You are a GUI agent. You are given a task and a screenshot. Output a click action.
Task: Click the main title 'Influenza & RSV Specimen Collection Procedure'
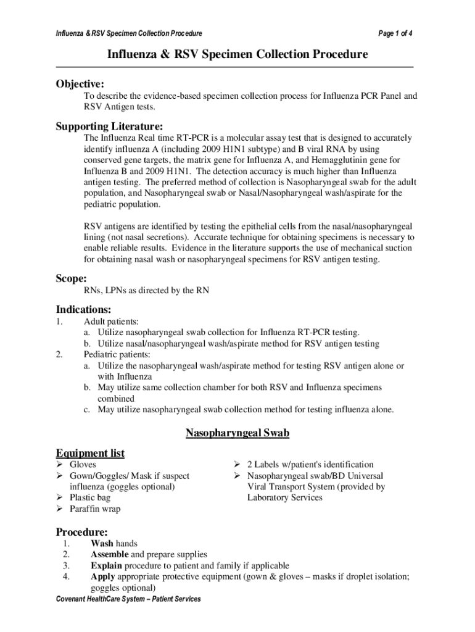click(x=238, y=55)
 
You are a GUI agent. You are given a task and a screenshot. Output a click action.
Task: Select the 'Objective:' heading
click(x=80, y=83)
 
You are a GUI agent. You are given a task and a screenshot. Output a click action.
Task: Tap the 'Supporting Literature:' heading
click(x=110, y=126)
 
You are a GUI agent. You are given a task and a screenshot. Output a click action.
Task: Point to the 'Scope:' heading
click(x=72, y=278)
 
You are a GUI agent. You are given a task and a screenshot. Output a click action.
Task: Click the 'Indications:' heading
click(x=84, y=309)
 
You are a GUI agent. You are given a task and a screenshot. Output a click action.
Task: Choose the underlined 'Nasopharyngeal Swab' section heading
click(x=238, y=433)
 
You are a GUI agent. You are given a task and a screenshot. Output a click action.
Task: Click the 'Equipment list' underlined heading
click(x=90, y=453)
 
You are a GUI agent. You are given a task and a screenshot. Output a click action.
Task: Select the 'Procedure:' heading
click(x=82, y=531)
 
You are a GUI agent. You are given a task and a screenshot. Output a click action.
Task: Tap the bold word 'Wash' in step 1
click(x=102, y=544)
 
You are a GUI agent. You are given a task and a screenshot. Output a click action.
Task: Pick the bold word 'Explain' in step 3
click(x=106, y=566)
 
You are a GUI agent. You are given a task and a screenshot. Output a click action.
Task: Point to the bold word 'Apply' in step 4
click(x=103, y=577)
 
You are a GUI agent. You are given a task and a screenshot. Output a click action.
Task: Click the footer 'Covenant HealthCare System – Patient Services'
click(x=128, y=599)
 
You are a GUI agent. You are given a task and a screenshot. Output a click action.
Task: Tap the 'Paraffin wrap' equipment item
click(x=95, y=509)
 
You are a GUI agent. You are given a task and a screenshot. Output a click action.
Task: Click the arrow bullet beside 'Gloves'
click(x=60, y=465)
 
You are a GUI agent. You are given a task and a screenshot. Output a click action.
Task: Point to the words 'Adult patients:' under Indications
click(x=111, y=322)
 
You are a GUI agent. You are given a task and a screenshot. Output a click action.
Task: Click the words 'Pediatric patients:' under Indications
click(x=117, y=355)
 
